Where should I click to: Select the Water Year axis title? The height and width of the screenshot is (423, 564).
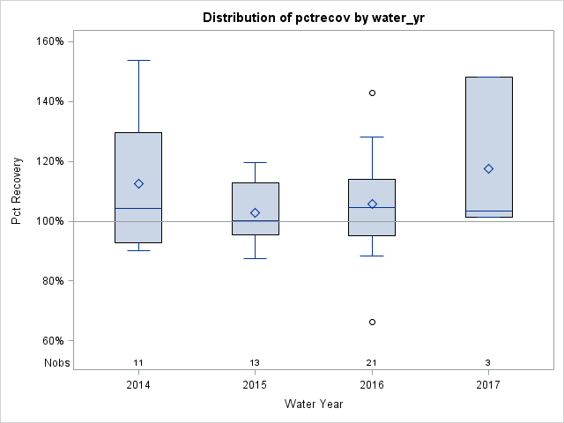[x=314, y=404]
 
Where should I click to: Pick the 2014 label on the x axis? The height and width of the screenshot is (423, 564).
[x=138, y=385]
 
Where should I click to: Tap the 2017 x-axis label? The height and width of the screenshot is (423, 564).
[x=488, y=385]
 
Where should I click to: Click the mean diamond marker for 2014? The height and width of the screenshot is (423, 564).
[x=138, y=183]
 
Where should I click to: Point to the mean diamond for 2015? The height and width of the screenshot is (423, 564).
[x=255, y=212]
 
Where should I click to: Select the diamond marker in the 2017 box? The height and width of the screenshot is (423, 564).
[x=488, y=168]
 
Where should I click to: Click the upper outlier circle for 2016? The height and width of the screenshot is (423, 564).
[x=372, y=93]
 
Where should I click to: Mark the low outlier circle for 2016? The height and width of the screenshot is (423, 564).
[x=372, y=323]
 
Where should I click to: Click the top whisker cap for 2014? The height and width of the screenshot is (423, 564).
[x=138, y=60]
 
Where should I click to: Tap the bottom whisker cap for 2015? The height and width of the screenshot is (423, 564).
[x=255, y=258]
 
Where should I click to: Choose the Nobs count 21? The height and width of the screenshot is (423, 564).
[x=372, y=363]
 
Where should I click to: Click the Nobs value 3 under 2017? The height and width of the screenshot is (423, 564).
[x=488, y=363]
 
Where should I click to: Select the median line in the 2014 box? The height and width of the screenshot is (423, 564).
[x=138, y=208]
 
